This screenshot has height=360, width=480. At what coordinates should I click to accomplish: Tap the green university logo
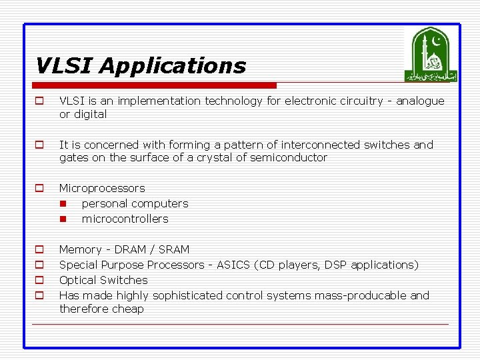(431, 55)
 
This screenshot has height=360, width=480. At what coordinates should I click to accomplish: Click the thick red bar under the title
(155, 85)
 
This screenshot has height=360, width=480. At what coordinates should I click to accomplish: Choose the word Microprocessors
(102, 189)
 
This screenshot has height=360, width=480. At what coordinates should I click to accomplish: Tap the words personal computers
(135, 204)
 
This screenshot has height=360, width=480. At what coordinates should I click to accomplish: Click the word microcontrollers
(125, 219)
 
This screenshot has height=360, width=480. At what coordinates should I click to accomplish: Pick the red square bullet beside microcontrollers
(63, 219)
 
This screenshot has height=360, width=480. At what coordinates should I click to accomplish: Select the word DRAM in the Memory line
(131, 250)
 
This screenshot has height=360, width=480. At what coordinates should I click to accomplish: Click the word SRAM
(174, 250)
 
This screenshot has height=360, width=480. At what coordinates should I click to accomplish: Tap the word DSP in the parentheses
(335, 265)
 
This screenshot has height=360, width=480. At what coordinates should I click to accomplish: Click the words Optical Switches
(103, 281)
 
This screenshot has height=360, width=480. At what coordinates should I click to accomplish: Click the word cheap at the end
(129, 309)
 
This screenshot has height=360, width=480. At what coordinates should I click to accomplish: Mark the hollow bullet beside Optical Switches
(39, 281)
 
